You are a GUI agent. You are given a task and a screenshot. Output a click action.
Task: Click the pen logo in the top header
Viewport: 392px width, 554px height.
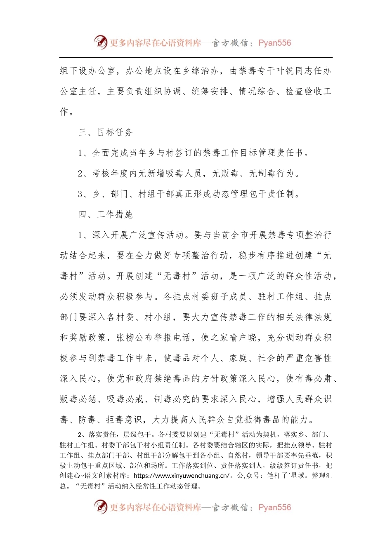[x=100, y=42]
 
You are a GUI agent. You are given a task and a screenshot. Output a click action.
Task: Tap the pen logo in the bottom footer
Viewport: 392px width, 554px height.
[x=100, y=507]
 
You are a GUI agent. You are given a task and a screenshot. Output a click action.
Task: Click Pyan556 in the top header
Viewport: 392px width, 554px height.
[x=274, y=43]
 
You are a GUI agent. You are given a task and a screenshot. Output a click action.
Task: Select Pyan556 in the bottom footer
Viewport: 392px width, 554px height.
[x=274, y=507]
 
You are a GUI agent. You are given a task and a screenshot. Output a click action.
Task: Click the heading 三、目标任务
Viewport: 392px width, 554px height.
[x=106, y=132]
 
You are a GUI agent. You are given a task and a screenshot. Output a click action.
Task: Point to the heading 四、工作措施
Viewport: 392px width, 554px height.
[x=106, y=214]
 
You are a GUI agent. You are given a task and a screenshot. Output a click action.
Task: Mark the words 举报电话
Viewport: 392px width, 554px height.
[x=172, y=338]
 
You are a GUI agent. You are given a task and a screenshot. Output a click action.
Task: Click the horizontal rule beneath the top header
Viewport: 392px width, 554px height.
[x=196, y=57]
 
